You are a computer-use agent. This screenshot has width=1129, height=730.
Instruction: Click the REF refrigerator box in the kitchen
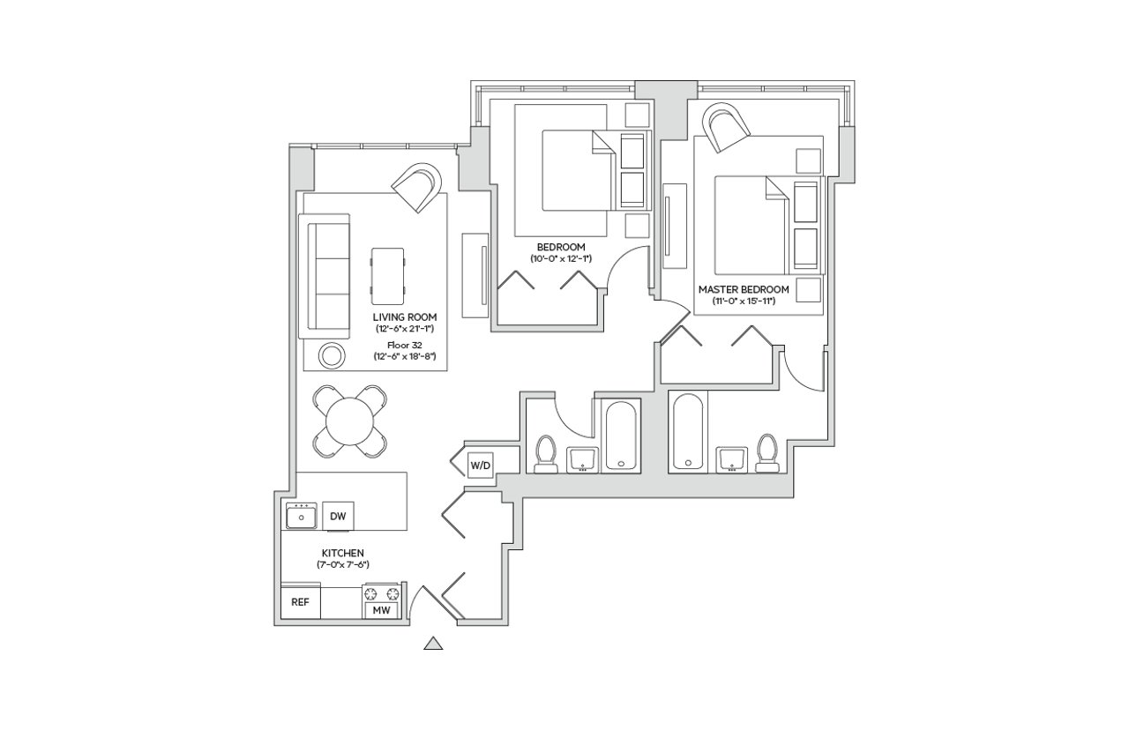pos(300,603)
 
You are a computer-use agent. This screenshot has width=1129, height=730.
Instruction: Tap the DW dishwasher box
pos(336,516)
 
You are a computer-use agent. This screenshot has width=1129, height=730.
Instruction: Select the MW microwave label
pos(381,610)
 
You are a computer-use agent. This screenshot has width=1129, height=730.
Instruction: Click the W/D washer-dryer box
pos(480,464)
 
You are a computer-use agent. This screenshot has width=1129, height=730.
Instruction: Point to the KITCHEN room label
pos(343,553)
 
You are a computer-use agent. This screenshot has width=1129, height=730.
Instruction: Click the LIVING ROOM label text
pos(404,317)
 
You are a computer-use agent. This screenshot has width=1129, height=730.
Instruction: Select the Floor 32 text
pos(405,345)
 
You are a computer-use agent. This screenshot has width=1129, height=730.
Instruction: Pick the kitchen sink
pos(302,517)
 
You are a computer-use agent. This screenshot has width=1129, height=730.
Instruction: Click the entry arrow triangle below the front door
pos(432,643)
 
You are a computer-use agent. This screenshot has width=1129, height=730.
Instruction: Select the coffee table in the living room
pos(389,272)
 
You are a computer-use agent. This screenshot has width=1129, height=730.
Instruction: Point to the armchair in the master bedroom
pos(726,127)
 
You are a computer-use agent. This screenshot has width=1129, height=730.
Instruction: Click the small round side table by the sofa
pos(332,355)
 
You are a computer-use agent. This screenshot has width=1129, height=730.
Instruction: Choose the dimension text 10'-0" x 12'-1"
pos(559,259)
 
